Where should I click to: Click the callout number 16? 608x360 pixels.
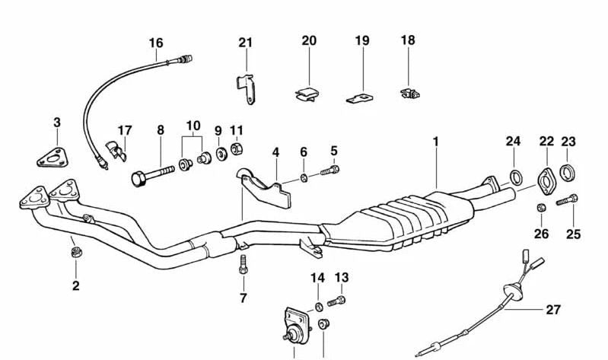156,43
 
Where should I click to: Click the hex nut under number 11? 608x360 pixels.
237,148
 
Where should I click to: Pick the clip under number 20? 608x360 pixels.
307,94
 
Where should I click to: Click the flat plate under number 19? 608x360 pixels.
361,98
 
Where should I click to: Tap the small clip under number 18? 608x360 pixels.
408,93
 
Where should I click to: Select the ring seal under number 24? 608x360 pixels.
514,179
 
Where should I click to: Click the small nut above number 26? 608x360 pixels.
540,208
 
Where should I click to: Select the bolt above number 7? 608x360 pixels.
243,265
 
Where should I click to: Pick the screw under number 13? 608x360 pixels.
337,302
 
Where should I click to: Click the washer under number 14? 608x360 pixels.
319,307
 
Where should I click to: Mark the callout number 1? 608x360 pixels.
437,142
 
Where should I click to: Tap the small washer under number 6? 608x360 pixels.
304,178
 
